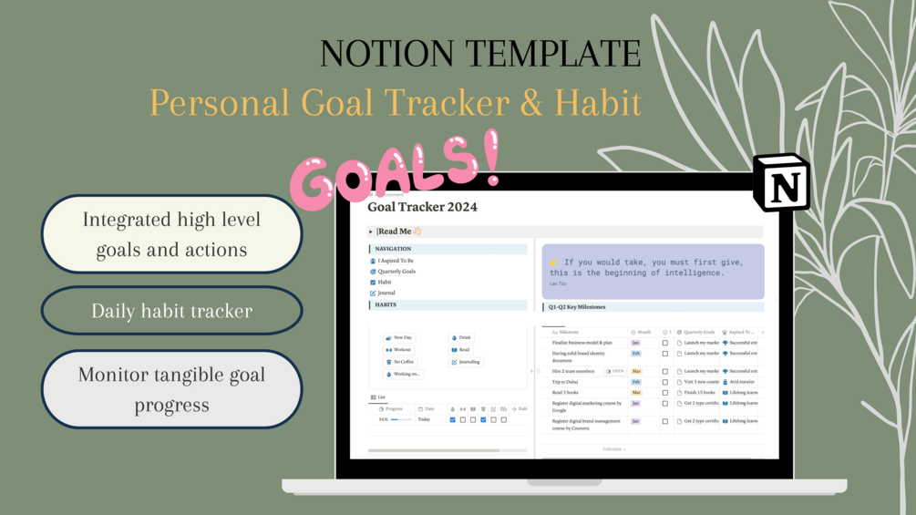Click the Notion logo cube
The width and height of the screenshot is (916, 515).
782,182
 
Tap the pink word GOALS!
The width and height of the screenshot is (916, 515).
396,170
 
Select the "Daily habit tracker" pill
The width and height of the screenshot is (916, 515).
171,311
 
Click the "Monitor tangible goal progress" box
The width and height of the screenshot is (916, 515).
171,389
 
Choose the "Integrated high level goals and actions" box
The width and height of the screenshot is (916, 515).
171,234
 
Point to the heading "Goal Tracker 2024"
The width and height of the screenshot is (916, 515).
422,207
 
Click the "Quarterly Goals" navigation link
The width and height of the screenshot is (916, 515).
396,272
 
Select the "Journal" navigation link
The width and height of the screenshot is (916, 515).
386,294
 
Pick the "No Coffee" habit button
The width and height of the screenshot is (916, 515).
402,362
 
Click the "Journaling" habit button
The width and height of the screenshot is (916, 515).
468,362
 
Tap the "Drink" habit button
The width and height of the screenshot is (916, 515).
465,338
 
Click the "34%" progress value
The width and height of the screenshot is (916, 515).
384,420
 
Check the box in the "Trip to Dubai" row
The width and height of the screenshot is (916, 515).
664,383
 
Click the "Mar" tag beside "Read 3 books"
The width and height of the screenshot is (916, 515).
636,393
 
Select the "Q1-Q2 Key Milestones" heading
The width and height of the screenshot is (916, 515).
577,307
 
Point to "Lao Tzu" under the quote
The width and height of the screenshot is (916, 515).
557,284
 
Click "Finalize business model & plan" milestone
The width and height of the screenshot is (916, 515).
582,343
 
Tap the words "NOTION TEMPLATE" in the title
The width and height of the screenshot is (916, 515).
480,54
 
